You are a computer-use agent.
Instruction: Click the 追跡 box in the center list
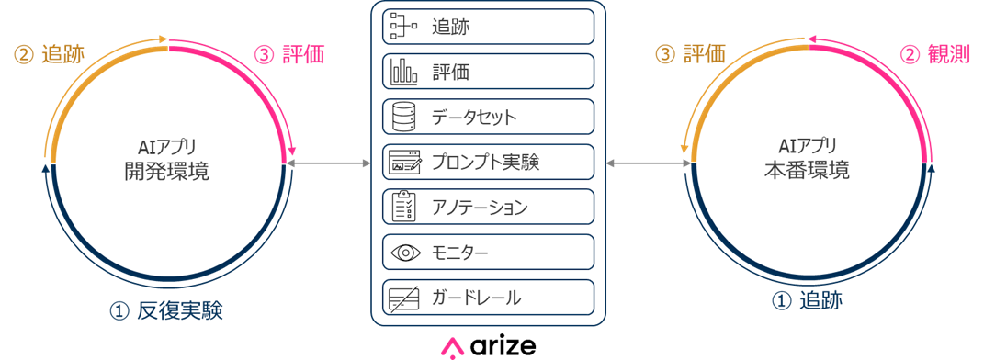pyautogui.click(x=488, y=26)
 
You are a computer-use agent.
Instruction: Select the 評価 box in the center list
pyautogui.click(x=488, y=71)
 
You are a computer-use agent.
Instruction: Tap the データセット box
pyautogui.click(x=488, y=117)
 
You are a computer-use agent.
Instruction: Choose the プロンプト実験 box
pyautogui.click(x=488, y=162)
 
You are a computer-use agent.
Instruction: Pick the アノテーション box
pyautogui.click(x=488, y=207)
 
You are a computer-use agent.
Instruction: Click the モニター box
pyautogui.click(x=488, y=252)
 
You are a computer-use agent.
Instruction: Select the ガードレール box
pyautogui.click(x=488, y=297)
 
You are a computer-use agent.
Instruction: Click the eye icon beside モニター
pyautogui.click(x=403, y=252)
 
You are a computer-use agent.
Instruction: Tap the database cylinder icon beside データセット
pyautogui.click(x=403, y=117)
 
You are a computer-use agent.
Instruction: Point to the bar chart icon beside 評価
pyautogui.click(x=403, y=71)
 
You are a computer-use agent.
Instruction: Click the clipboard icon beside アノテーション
pyautogui.click(x=403, y=207)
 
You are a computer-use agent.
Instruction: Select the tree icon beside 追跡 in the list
pyautogui.click(x=403, y=26)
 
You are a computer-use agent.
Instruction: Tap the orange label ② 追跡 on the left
pyautogui.click(x=50, y=55)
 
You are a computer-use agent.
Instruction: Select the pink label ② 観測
pyautogui.click(x=934, y=55)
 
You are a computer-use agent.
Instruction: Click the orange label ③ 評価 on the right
pyautogui.click(x=690, y=55)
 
